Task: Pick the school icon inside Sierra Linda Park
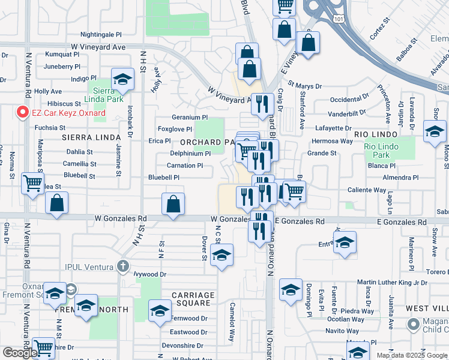click(122, 79)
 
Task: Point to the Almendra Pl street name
click(399, 178)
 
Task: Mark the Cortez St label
click(381, 31)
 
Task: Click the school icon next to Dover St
click(222, 256)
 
